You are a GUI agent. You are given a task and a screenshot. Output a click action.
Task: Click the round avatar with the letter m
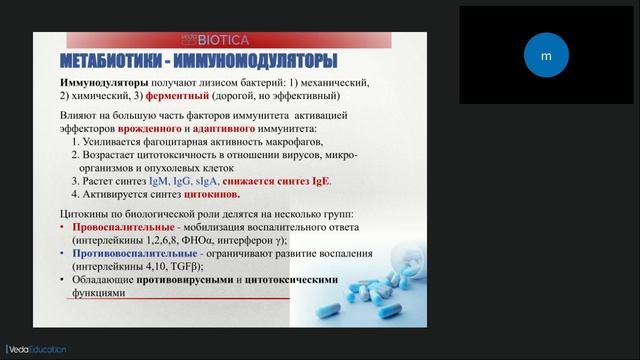(546, 56)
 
